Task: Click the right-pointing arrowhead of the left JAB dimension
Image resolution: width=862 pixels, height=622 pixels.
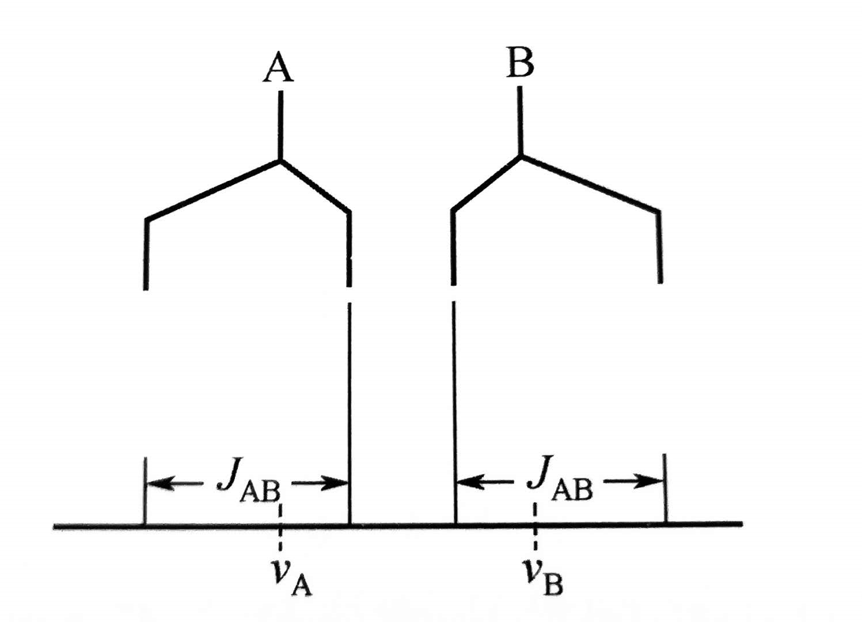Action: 335,483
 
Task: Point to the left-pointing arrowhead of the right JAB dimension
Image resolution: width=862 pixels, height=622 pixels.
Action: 469,481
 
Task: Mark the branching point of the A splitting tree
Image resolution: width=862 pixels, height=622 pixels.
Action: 280,161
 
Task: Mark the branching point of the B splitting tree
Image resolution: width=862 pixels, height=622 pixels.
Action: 521,155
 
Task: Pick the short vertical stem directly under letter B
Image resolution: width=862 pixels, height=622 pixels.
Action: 520,121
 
